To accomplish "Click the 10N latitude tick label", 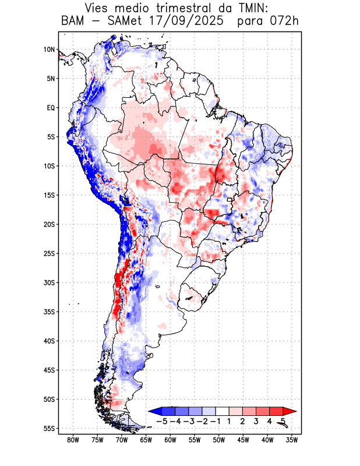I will point(49,50).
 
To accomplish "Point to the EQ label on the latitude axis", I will point(51,108).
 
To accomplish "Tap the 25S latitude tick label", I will point(49,253).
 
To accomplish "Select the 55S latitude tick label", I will point(49,429).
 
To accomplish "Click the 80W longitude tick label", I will point(73,440).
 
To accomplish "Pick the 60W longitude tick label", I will point(171,440).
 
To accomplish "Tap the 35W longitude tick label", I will point(292,440).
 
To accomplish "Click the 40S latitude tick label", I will point(49,341).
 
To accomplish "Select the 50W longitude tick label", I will point(219,440).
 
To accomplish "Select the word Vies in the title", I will point(98,8).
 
